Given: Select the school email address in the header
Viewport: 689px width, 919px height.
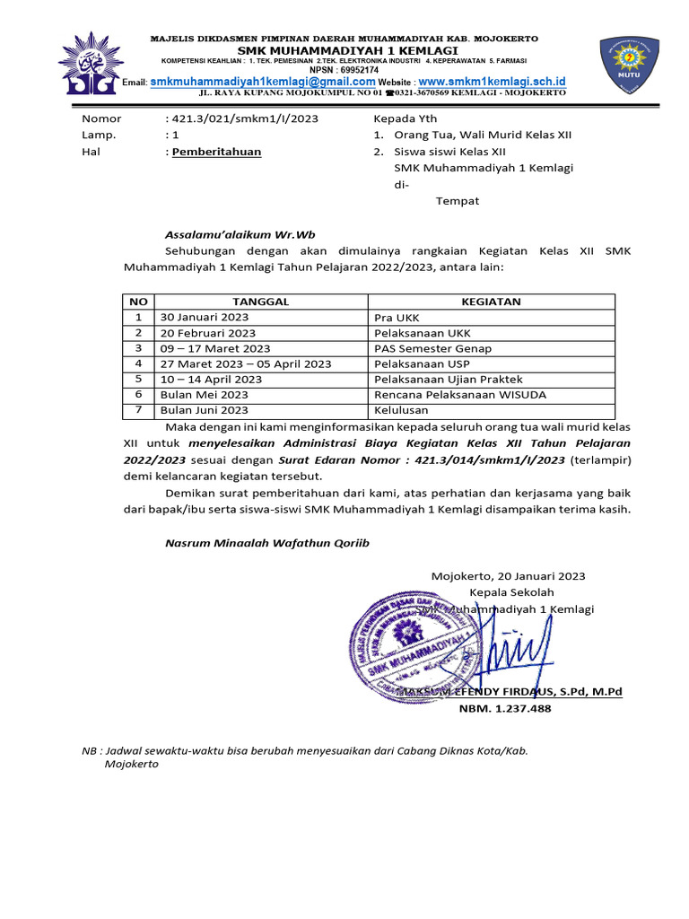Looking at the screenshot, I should point(262,82).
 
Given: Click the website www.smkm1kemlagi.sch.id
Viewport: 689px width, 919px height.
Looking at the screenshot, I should point(493,82).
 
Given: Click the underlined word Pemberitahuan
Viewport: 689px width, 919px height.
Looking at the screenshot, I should point(216,152).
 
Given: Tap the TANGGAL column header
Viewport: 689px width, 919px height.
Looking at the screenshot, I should point(260,302).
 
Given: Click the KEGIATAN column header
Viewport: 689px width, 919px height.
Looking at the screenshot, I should point(491,302).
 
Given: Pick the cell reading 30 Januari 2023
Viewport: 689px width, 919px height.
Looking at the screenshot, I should point(205,317).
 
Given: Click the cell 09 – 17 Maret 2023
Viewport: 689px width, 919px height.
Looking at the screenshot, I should point(215,348).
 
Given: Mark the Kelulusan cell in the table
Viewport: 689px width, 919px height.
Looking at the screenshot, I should point(401,410).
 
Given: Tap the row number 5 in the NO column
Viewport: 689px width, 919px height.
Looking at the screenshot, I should point(139,380).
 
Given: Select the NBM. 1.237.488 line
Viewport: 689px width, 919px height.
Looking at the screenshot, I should point(505,708).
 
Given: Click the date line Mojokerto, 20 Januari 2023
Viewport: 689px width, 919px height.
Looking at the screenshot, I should point(508,576).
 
